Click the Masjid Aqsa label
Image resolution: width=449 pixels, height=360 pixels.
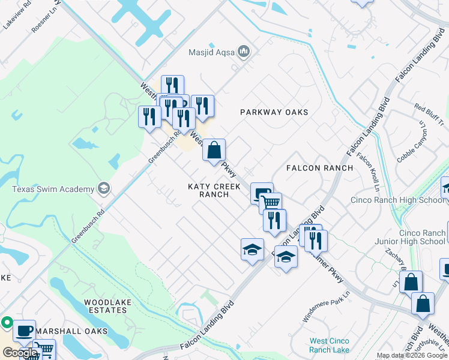click(x=212, y=52)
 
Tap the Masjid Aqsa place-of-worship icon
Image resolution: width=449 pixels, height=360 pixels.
click(x=244, y=52)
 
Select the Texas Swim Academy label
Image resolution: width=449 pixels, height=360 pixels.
click(x=53, y=189)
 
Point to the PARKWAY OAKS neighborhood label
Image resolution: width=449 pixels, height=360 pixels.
click(x=274, y=112)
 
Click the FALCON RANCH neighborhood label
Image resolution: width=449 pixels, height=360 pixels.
click(x=319, y=168)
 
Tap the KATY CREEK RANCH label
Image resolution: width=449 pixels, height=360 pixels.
click(x=214, y=191)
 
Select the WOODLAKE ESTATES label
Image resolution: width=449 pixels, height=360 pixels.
click(x=106, y=306)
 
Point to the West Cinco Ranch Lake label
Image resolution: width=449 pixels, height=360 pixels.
click(x=330, y=346)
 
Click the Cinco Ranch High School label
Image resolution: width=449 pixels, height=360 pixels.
click(x=397, y=200)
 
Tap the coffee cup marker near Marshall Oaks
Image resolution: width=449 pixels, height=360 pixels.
click(x=24, y=331)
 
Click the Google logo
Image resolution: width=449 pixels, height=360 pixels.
click(x=19, y=353)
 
